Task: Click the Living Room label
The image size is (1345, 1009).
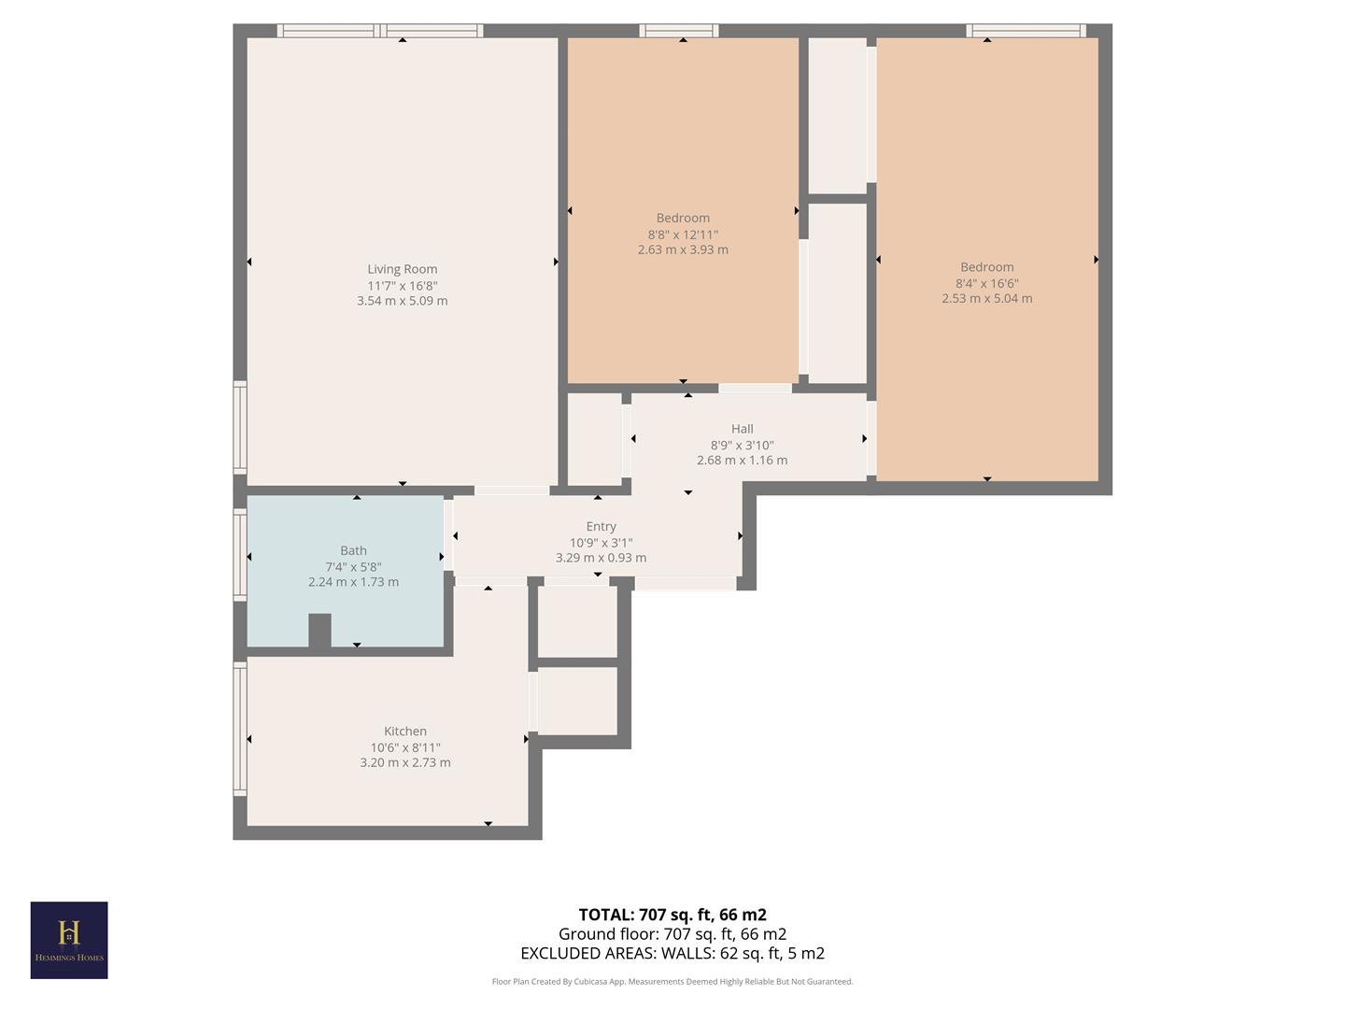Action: pos(402,269)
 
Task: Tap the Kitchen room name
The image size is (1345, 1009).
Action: pos(405,732)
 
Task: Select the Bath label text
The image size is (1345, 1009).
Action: pos(353,550)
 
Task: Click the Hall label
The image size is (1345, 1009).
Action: pos(743,429)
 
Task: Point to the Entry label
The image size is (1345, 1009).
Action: pos(601,526)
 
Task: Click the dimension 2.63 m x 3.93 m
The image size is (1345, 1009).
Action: pos(683,250)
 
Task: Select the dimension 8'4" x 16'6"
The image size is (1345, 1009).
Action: pos(986,283)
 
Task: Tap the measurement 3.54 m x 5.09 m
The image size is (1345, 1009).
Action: pos(402,301)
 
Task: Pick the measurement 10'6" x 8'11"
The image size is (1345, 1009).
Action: pos(405,747)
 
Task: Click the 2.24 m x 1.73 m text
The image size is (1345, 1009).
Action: pos(353,582)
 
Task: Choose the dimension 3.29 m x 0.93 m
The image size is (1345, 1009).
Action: pos(601,558)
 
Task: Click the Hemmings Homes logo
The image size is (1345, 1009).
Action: pos(69,940)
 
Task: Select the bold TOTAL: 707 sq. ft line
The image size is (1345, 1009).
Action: pos(672,915)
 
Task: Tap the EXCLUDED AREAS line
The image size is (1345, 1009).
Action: pos(672,954)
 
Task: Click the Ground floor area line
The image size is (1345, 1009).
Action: pos(672,934)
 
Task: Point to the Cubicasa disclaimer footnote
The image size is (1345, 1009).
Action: pos(672,982)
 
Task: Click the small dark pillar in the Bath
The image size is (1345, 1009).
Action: pos(319,631)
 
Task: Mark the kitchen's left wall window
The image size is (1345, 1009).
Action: pos(240,729)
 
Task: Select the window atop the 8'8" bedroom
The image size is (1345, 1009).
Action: pos(679,31)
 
